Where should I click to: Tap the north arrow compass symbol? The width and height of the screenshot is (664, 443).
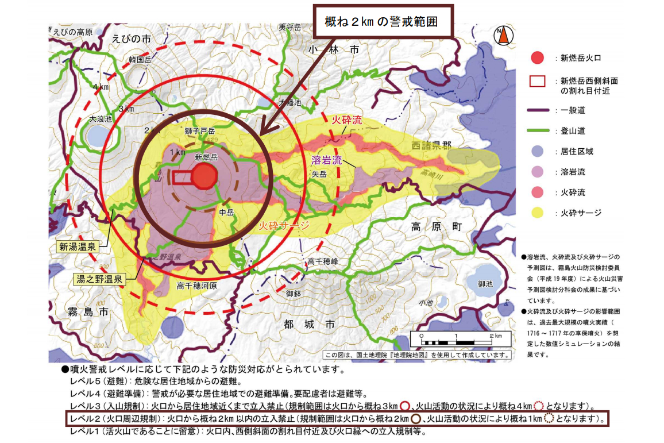(x=504, y=35)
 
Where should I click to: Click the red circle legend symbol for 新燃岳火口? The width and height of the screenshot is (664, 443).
(x=537, y=57)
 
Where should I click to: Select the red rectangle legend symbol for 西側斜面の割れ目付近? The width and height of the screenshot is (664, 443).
(x=537, y=81)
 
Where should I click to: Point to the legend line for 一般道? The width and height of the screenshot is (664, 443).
(x=537, y=110)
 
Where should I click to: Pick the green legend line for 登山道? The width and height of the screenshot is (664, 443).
(x=537, y=131)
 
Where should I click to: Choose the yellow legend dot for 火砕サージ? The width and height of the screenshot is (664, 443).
(x=537, y=213)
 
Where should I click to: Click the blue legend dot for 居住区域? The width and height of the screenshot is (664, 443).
(x=537, y=152)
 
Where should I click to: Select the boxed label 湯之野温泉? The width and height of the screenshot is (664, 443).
(x=100, y=279)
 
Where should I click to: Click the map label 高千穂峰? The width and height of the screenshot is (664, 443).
(x=323, y=261)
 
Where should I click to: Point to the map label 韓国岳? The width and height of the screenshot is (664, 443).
(x=140, y=60)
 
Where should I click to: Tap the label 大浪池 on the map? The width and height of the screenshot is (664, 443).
(x=101, y=120)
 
